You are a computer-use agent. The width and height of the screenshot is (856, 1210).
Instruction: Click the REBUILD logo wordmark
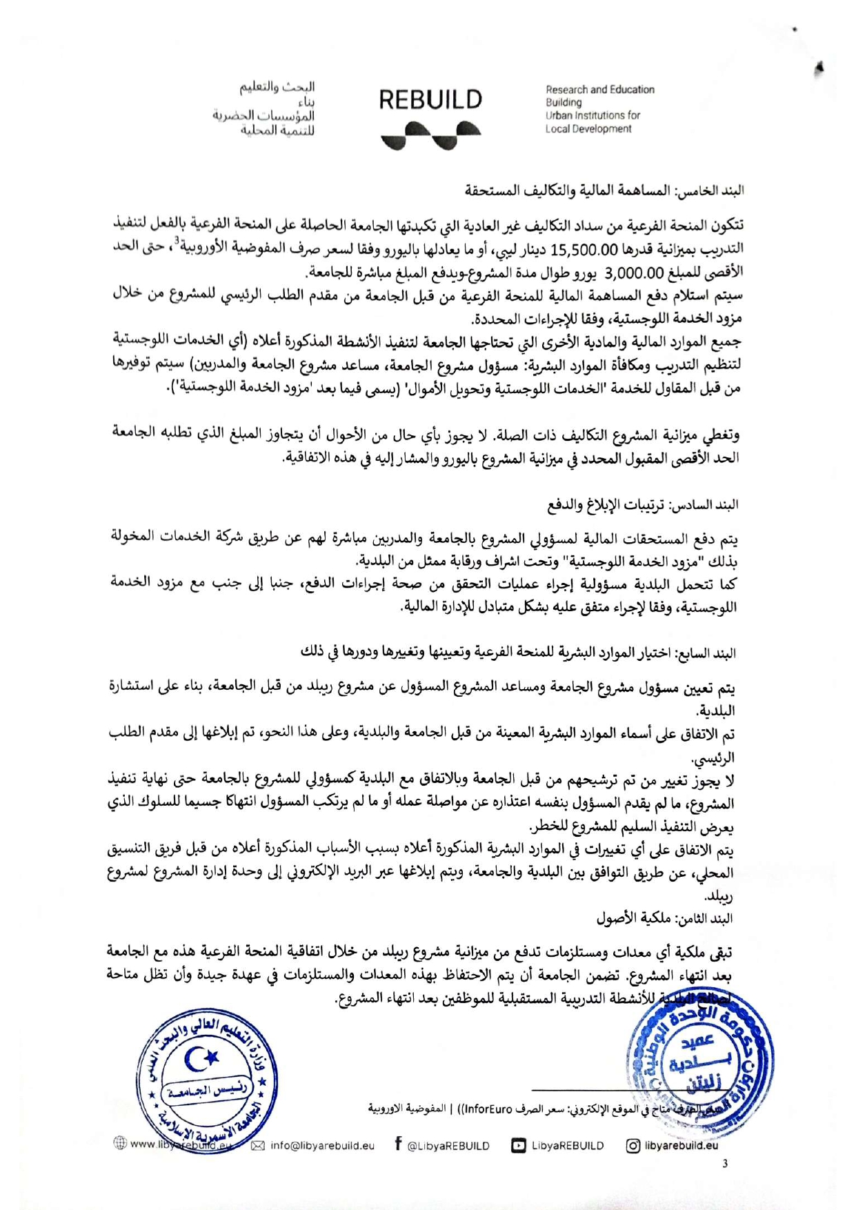point(430,100)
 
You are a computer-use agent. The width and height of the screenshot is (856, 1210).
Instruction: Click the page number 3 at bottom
point(724,1164)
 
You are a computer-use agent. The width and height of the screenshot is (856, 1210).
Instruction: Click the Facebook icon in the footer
point(399,1144)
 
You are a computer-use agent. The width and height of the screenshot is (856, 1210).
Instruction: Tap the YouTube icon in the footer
point(518,1146)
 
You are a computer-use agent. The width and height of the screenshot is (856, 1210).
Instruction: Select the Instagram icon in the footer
point(633,1146)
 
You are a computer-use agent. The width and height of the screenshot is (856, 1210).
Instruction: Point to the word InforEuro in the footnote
point(488,1109)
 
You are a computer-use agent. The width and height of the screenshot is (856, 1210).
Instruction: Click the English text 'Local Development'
point(588,129)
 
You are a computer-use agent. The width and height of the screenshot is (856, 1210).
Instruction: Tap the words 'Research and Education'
point(600,90)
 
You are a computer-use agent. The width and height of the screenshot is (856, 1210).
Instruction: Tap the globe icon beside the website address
point(120,1143)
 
